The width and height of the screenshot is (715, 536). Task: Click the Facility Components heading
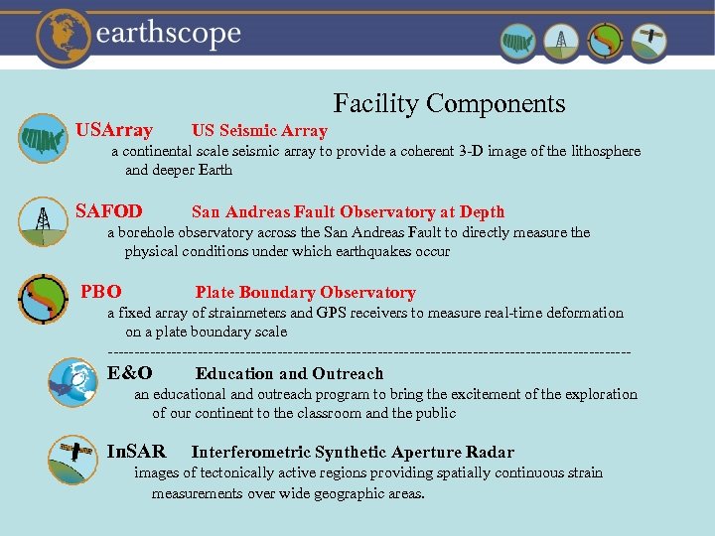point(449,103)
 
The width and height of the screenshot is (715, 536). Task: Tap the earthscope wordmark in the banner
point(169,35)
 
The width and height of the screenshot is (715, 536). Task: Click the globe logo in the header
point(65,36)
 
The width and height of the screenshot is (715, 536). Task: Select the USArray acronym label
point(114,130)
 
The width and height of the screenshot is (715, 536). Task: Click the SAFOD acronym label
point(109,211)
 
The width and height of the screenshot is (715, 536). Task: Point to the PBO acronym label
point(101,292)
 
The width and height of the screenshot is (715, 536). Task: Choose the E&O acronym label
point(130,373)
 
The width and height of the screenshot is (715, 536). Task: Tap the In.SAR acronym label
point(136,453)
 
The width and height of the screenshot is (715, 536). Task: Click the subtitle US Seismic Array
point(259,131)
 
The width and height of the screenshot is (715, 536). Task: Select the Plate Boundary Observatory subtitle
point(305,293)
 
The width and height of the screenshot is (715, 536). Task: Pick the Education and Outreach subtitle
point(289,374)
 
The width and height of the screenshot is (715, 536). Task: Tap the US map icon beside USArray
point(43,138)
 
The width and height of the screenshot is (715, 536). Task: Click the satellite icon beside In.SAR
point(72,460)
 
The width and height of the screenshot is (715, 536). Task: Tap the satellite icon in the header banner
point(649,42)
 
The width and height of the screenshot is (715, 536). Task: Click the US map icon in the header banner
point(517,42)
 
